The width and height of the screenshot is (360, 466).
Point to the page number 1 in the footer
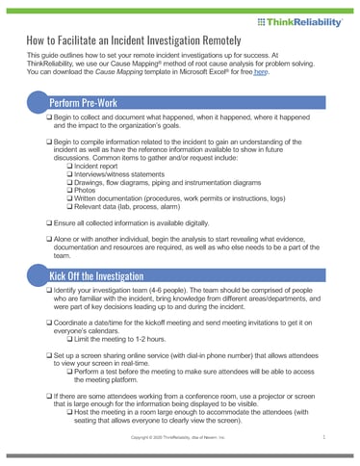tap(325, 438)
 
